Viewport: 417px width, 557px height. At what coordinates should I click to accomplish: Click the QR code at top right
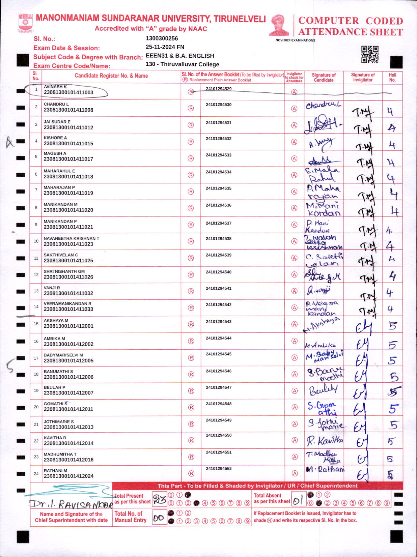point(370,54)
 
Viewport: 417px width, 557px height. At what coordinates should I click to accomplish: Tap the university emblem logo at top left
point(25,23)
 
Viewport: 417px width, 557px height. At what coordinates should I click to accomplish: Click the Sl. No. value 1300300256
point(162,38)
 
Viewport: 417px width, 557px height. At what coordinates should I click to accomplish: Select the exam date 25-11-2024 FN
point(165,47)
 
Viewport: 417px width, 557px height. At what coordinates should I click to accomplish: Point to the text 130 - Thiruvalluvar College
point(182,64)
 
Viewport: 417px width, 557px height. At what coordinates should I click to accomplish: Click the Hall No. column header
point(392,78)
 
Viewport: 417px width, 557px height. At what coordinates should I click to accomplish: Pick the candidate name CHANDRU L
point(56,104)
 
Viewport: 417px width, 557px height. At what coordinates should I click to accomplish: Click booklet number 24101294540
point(219,272)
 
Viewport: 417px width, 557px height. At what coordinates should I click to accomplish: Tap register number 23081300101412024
point(68,476)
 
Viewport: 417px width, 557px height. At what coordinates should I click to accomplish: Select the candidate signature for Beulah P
point(323,390)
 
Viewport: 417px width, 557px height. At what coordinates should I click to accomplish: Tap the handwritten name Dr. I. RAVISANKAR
point(71,504)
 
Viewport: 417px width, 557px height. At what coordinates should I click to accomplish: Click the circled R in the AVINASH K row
point(191,91)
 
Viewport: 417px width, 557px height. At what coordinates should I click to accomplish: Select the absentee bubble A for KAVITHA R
point(295,440)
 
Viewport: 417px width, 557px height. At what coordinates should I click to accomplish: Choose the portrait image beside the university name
point(279,25)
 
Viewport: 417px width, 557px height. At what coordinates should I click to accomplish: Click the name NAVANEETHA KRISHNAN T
point(71,238)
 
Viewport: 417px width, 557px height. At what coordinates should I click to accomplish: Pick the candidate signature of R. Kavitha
point(324,441)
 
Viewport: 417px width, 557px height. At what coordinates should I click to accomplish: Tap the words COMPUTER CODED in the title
point(351,21)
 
